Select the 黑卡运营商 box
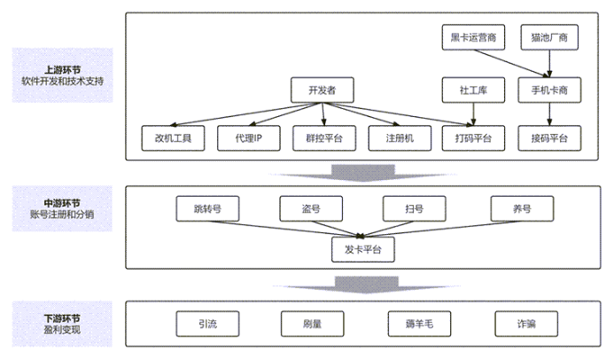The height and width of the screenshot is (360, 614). coord(473,37)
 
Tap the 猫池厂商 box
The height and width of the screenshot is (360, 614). coord(549,37)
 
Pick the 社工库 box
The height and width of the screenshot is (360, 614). coord(473,90)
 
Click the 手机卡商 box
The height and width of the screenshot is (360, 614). coord(549,90)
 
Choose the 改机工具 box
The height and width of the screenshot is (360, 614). coord(173,137)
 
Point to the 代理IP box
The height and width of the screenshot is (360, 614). coord(249,137)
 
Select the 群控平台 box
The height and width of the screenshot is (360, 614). coord(324,137)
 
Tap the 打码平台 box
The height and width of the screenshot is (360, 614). coord(474,137)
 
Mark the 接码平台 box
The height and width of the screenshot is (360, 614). coord(549,137)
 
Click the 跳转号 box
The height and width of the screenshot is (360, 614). coord(207,209)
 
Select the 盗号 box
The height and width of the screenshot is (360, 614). coord(311,209)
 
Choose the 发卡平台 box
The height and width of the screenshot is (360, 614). coord(362,249)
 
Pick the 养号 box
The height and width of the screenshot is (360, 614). coord(522,209)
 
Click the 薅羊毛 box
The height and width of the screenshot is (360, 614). coord(419,325)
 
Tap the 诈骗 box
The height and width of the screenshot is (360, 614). coord(525,325)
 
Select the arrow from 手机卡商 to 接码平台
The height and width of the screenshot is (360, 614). coord(549,113)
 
